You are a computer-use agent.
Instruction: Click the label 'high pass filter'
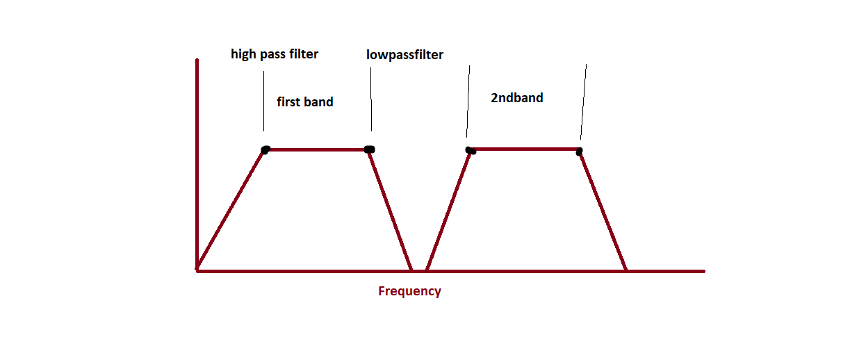pos(275,54)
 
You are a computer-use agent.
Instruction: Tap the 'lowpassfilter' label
pos(404,55)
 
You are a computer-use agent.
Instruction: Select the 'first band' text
pos(305,102)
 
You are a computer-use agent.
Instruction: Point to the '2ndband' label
pos(516,98)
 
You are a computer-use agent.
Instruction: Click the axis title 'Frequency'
pos(409,291)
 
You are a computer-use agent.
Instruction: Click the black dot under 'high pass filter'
pos(265,149)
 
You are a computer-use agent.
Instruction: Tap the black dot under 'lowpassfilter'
pos(369,149)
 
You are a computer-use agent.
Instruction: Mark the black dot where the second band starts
pos(470,150)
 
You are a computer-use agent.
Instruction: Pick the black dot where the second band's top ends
pos(579,151)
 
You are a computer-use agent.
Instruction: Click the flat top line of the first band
pos(316,149)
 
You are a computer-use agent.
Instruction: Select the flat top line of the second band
pos(525,149)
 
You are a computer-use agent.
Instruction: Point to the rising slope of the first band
pos(231,209)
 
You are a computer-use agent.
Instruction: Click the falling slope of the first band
pos(390,209)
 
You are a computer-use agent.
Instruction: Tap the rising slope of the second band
pos(448,209)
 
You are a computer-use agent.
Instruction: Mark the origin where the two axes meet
pos(198,270)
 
